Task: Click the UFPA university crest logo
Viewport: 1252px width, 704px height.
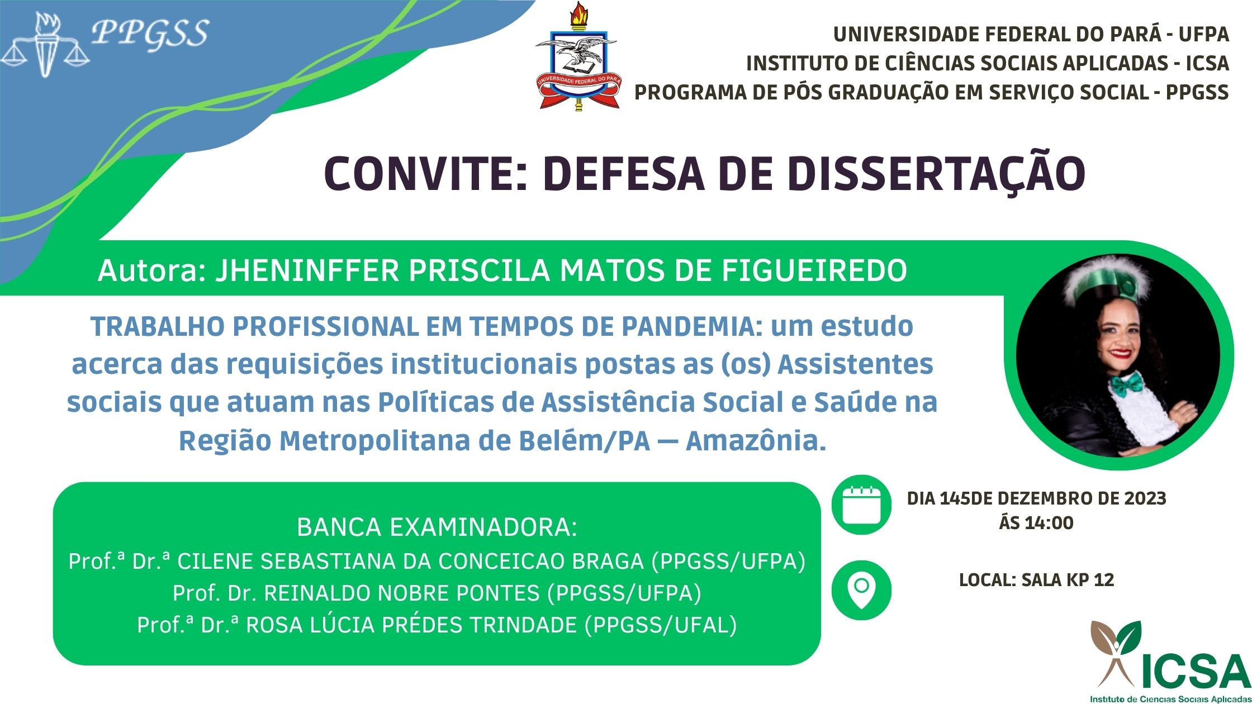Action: click(x=577, y=56)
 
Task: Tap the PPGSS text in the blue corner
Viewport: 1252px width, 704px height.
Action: click(x=150, y=34)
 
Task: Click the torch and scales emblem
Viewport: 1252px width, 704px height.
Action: click(x=45, y=45)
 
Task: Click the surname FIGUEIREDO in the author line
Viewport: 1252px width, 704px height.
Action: click(x=814, y=271)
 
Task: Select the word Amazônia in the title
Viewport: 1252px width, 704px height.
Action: click(x=756, y=441)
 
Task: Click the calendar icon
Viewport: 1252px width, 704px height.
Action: click(x=861, y=505)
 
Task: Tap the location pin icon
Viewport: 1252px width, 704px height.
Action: click(x=861, y=590)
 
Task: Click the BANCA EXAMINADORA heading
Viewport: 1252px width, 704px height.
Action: click(x=437, y=527)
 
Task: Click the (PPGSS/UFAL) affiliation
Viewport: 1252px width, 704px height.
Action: click(x=661, y=625)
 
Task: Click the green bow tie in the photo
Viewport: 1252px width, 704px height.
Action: click(x=1126, y=383)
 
